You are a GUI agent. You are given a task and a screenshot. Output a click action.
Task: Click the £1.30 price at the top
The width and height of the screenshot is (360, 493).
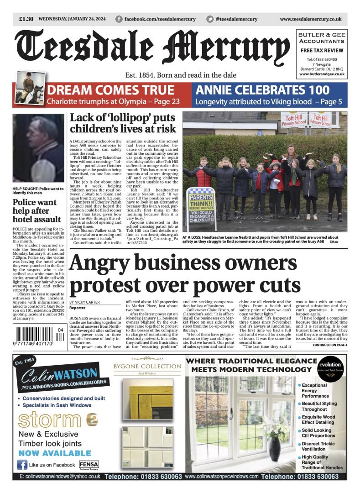[26, 19]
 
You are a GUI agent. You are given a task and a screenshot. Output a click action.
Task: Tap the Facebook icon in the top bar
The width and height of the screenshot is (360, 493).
[119, 19]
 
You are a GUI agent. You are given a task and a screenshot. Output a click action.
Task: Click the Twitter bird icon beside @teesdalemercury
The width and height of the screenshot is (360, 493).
[210, 19]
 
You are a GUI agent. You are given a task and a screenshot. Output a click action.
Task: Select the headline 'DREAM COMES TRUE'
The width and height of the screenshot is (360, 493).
[110, 90]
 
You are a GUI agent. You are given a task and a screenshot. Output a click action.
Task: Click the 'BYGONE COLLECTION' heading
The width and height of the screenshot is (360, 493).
[147, 366]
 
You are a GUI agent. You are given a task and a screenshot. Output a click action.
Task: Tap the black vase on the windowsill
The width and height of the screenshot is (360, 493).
[274, 447]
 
